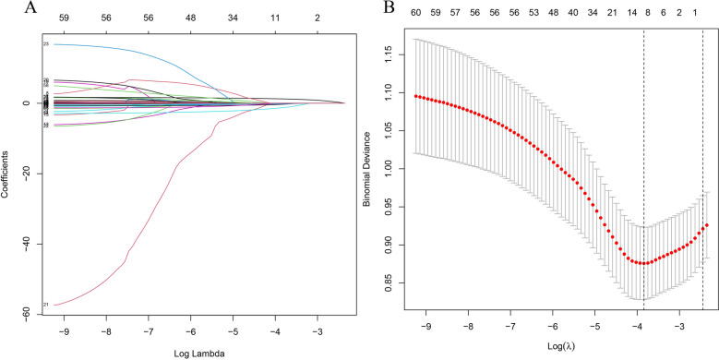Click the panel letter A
(8, 8)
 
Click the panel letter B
(363, 8)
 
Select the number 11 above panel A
(275, 17)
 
